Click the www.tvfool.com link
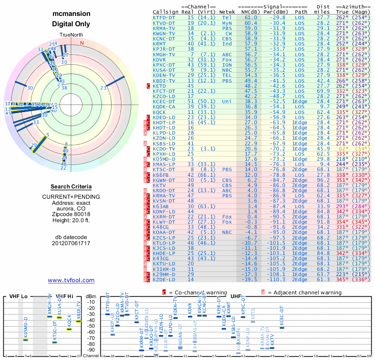point(71,280)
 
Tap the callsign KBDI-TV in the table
point(165,81)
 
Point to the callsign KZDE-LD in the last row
point(165,279)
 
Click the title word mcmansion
point(71,14)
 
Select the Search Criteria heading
point(71,187)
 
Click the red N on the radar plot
point(82,43)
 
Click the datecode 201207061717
point(71,243)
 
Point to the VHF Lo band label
point(18,296)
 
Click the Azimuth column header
point(355,7)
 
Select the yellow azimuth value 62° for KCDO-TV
point(343,148)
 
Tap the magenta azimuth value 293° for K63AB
point(343,206)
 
